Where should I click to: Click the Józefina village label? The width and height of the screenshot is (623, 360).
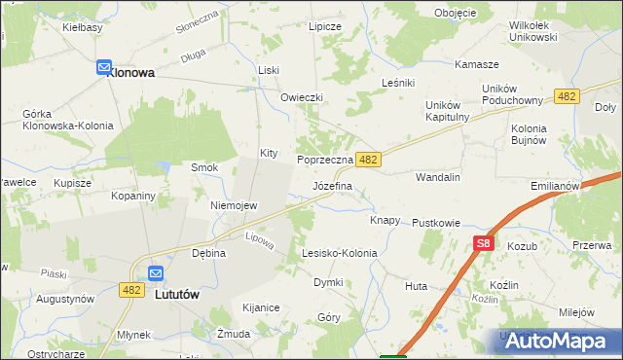pyautogui.click(x=332, y=185)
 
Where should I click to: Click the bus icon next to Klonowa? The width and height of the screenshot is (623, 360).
pyautogui.click(x=104, y=67)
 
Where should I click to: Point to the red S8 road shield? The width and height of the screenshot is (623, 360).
pyautogui.click(x=484, y=244)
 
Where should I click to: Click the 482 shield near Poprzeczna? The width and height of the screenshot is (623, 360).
pyautogui.click(x=367, y=158)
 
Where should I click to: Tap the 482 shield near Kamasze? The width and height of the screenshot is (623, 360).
pyautogui.click(x=568, y=95)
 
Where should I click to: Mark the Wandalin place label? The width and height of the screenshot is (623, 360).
pyautogui.click(x=437, y=178)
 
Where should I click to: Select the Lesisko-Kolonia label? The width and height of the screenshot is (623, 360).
pyautogui.click(x=339, y=253)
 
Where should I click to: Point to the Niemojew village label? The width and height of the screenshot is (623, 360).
pyautogui.click(x=234, y=205)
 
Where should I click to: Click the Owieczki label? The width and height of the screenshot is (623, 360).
pyautogui.click(x=301, y=98)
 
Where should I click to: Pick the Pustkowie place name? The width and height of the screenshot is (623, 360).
pyautogui.click(x=435, y=223)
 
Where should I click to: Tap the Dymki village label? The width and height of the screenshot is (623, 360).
pyautogui.click(x=327, y=282)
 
